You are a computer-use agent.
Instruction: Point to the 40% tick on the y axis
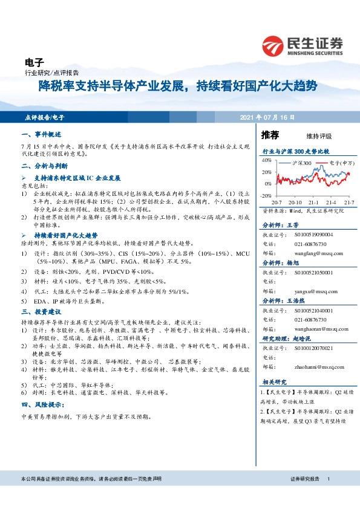click(x=267, y=161)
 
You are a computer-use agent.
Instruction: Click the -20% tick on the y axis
click(x=266, y=196)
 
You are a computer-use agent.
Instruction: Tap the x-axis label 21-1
click(x=313, y=202)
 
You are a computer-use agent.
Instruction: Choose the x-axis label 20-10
click(x=295, y=202)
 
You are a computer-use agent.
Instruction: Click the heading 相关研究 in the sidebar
click(x=275, y=383)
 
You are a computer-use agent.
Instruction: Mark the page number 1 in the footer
click(x=328, y=479)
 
